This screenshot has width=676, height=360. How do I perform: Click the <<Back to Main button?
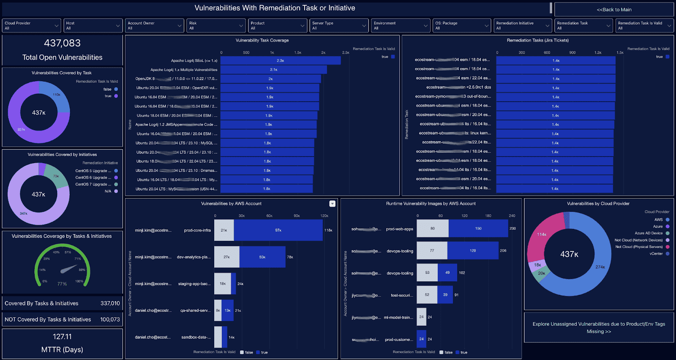coord(614,9)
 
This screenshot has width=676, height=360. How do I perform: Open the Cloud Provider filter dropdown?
coord(32,26)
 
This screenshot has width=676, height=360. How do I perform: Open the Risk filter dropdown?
coord(216,26)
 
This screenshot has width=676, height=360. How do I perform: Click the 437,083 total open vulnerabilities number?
coord(62,43)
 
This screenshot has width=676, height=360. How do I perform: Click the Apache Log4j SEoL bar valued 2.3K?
coord(280,60)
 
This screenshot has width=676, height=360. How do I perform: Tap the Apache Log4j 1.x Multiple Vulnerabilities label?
coord(184,70)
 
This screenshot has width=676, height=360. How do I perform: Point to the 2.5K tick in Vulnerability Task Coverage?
coord(346,53)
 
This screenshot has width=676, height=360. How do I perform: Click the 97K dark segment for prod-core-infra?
coord(278,230)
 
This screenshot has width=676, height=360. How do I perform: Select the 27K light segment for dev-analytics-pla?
coord(226,257)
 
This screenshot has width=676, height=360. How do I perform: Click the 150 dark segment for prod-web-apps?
coord(478,229)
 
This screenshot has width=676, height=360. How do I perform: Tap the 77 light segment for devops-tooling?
coord(432,251)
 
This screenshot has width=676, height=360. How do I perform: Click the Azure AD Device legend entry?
coord(649,233)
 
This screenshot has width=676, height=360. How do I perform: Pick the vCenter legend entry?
coord(656,254)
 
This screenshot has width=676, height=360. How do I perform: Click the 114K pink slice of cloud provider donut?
coord(542,234)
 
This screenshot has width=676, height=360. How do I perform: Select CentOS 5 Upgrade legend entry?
coord(93,171)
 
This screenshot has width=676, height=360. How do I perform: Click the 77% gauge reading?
coord(62,284)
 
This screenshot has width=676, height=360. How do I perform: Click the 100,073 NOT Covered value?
coord(110,319)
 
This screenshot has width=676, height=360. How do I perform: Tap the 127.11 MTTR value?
coord(62,337)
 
